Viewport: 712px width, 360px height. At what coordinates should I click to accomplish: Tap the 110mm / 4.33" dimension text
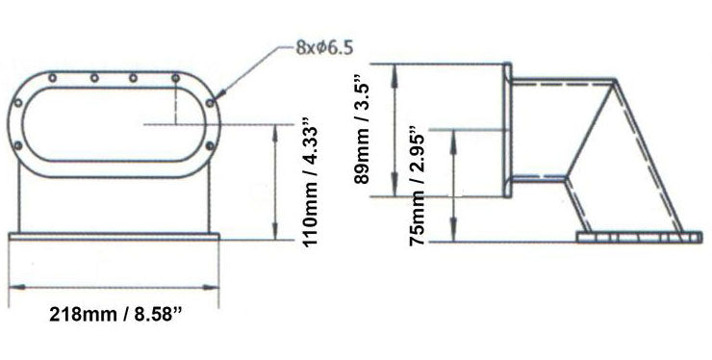[x=309, y=184]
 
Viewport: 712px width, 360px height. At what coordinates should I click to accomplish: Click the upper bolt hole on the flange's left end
[x=19, y=102]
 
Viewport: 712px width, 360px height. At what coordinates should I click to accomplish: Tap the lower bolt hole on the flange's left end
[x=19, y=144]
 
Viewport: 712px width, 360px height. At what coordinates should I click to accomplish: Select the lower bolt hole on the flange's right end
[x=211, y=144]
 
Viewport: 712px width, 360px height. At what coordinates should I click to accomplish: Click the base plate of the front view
[x=114, y=237]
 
